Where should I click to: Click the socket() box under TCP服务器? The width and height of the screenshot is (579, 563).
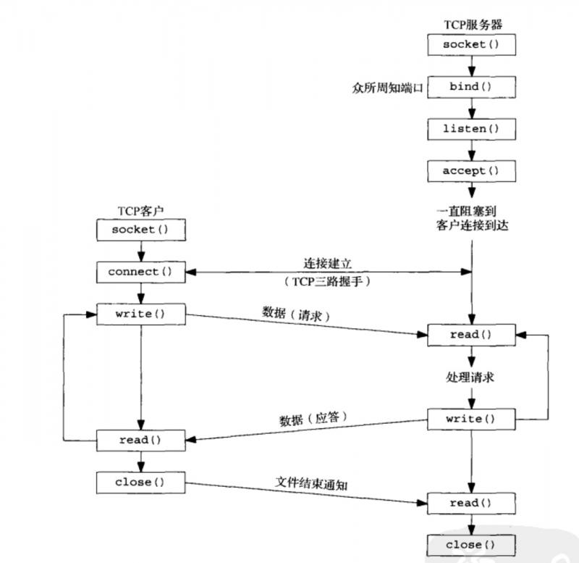471,44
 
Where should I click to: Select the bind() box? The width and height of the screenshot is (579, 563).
471,87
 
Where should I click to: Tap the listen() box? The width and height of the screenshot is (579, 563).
471,129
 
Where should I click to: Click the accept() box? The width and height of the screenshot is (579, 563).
471,171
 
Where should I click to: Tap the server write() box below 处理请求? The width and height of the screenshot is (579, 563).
471,419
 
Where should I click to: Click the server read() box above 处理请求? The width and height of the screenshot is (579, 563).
471,335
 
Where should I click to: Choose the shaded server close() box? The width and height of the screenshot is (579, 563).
471,545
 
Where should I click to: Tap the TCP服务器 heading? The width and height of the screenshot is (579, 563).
471,24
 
